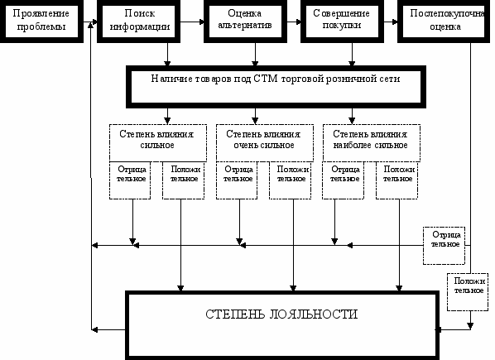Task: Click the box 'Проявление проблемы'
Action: click(41, 22)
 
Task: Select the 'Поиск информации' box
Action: click(138, 22)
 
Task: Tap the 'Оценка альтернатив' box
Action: click(245, 22)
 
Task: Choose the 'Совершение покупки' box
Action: click(342, 22)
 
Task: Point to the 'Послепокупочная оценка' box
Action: click(446, 22)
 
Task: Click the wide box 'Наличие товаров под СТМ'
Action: click(276, 87)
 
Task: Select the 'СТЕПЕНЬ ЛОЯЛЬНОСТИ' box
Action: click(282, 325)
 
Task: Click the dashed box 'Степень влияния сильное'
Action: click(158, 142)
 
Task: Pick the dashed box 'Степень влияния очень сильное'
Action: click(265, 142)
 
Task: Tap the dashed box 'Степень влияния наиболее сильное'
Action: click(371, 142)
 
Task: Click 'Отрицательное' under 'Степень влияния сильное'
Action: click(130, 180)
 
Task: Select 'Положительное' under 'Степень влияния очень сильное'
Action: click(290, 180)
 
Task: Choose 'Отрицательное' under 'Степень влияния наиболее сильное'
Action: click(344, 180)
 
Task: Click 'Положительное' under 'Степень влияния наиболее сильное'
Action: click(396, 180)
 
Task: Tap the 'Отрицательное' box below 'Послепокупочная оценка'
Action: click(444, 246)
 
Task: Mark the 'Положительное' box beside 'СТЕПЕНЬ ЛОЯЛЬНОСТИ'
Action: click(468, 292)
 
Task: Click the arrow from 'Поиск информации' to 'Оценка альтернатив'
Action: click(192, 22)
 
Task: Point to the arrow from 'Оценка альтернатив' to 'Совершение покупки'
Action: click(294, 22)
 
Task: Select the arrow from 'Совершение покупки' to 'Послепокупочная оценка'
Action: click(392, 22)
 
